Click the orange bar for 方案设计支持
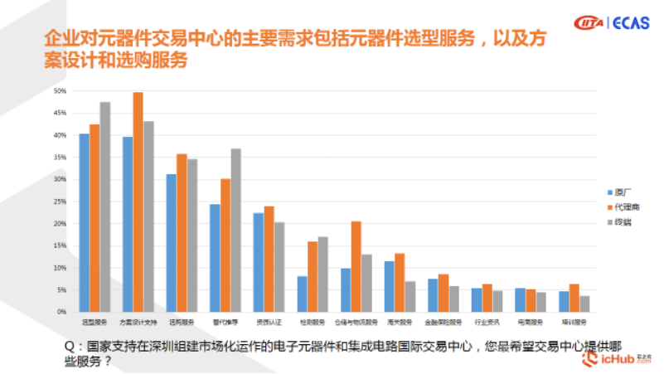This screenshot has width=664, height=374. pos(138,202)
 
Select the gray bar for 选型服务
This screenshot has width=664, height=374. pos(105,207)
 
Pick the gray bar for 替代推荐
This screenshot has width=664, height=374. pos(235,231)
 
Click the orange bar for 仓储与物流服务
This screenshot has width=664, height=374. pos(356,267)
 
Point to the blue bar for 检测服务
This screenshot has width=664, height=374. pos(302,294)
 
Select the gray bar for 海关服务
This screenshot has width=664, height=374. pos(410,297)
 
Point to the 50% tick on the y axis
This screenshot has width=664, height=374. pos(59,90)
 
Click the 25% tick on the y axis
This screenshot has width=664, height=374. pos(59,202)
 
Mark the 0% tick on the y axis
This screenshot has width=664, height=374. pos(61,313)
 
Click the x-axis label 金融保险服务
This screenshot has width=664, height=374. pos(443,322)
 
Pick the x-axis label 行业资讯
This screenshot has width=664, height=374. pos(487,322)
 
